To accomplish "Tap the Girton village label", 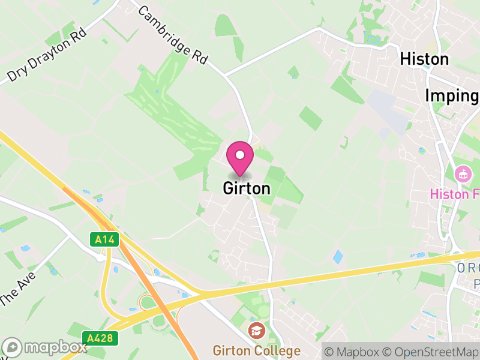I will point(247,188).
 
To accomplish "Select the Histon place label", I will point(424,59).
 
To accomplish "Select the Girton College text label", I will point(256,350).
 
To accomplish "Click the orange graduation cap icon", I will point(256,330).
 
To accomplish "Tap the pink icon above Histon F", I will point(463,175).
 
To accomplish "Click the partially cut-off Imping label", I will point(452,96).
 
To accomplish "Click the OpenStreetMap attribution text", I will point(431,351).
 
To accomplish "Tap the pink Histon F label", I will point(455,194).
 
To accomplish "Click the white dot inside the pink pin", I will point(240,155).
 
